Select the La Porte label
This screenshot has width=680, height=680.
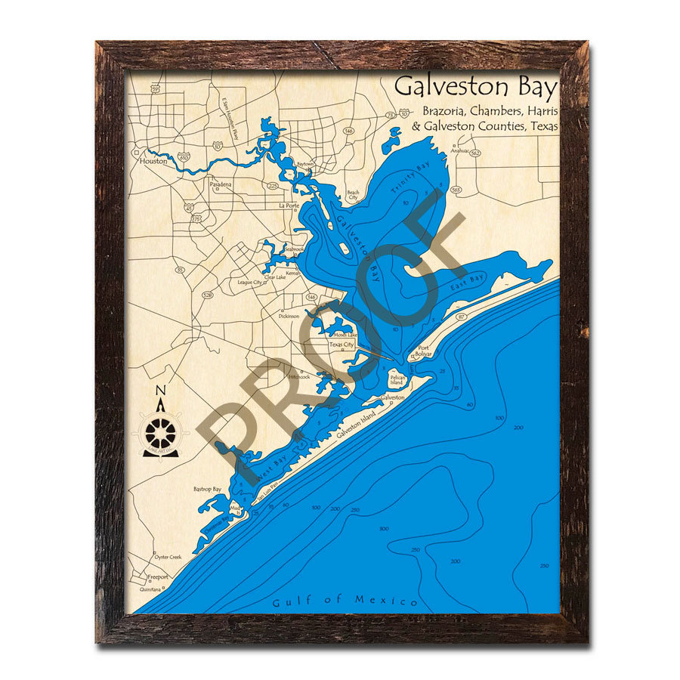point(289,206)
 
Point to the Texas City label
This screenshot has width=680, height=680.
point(342,345)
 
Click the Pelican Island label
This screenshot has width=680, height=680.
point(398,379)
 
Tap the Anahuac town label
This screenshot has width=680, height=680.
point(459,150)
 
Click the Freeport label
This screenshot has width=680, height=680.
point(158,576)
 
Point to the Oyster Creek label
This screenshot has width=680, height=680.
point(168,557)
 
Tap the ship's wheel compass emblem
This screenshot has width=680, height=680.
point(160,434)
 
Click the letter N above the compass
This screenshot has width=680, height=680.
point(160,391)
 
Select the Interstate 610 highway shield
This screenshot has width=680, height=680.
point(184,158)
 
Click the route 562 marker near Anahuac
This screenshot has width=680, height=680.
point(475,153)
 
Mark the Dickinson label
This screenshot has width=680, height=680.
point(289,316)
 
